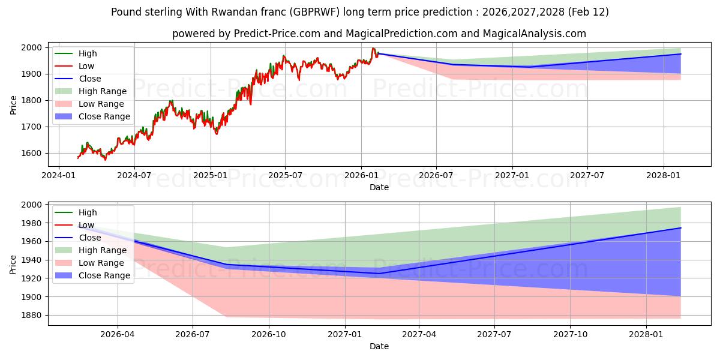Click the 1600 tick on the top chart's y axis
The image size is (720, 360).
[x=31, y=153]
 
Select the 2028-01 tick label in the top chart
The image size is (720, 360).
[x=664, y=175]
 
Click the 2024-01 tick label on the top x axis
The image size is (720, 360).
[x=58, y=175]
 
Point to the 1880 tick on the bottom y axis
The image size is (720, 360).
[x=31, y=315]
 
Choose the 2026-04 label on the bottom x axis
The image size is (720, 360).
[x=118, y=334]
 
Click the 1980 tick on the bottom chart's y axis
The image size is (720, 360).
[x=31, y=223]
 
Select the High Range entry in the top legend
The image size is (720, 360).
[x=102, y=91]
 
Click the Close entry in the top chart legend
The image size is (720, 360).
[x=90, y=79]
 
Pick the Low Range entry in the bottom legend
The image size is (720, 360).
[x=101, y=263]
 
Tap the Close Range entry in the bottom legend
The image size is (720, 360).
[x=104, y=275]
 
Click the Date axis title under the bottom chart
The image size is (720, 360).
[x=379, y=346]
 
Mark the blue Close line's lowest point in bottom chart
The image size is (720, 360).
[x=378, y=274]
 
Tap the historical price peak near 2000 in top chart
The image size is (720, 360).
[x=373, y=49]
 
